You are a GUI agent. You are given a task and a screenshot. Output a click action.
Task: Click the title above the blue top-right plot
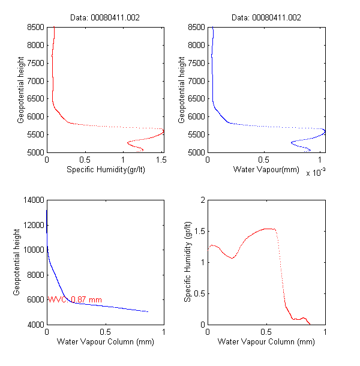click(266, 18)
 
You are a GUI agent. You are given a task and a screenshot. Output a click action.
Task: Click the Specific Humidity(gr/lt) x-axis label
click(106, 170)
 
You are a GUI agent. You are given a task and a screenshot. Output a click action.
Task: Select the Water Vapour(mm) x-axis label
click(266, 170)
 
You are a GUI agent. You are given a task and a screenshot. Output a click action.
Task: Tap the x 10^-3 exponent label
click(317, 173)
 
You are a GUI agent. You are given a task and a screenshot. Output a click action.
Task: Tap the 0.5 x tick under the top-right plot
click(264, 160)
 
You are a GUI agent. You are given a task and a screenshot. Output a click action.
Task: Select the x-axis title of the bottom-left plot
click(106, 342)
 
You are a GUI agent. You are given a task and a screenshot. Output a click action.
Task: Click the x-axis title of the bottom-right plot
click(266, 342)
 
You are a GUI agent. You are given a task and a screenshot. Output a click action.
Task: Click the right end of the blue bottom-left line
click(148, 311)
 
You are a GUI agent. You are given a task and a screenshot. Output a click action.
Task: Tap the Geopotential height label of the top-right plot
click(182, 90)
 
